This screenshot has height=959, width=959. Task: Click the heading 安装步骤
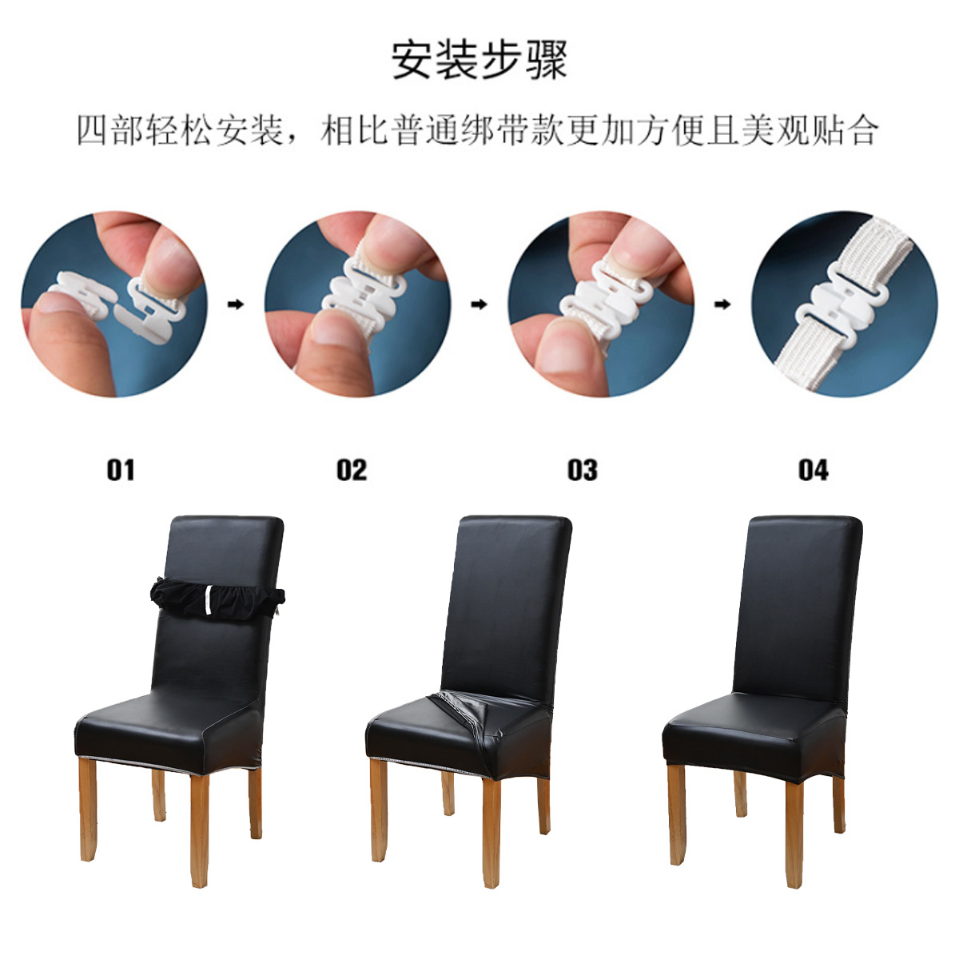click(479, 59)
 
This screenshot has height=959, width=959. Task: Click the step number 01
click(121, 470)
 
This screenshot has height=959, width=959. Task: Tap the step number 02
click(352, 470)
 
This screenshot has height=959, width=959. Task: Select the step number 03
click(582, 470)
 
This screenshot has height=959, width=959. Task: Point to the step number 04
click(813, 470)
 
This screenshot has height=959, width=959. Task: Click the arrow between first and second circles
click(236, 304)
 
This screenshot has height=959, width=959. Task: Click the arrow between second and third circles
click(479, 304)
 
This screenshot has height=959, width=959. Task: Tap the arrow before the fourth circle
click(722, 304)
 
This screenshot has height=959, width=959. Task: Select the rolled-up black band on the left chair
click(217, 596)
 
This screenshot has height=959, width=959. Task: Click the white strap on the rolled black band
click(209, 599)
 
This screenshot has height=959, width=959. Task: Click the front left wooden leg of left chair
click(87, 807)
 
